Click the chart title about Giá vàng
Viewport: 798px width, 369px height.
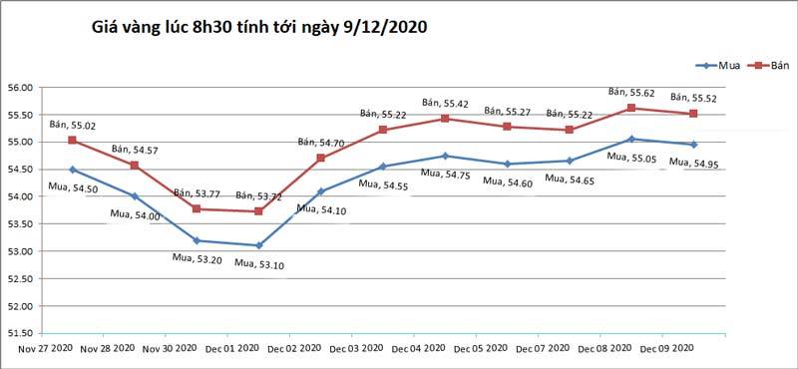pyautogui.click(x=258, y=28)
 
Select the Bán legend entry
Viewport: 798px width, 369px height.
pyautogui.click(x=773, y=66)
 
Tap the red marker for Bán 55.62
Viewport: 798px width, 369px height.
pyautogui.click(x=631, y=108)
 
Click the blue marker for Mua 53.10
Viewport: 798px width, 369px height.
pyautogui.click(x=258, y=245)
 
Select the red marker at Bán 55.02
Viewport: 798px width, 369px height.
pyautogui.click(x=72, y=141)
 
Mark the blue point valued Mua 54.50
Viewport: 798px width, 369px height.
pyautogui.click(x=72, y=170)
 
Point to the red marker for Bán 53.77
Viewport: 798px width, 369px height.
pyautogui.click(x=197, y=208)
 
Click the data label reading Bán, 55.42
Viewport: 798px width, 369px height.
pyautogui.click(x=445, y=103)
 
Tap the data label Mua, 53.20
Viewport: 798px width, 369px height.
pyautogui.click(x=197, y=258)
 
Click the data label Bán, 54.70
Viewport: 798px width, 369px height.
pyautogui.click(x=321, y=143)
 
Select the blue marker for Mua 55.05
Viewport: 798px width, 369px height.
pyautogui.click(x=631, y=139)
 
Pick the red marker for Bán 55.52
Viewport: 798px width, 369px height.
pyautogui.click(x=693, y=114)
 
